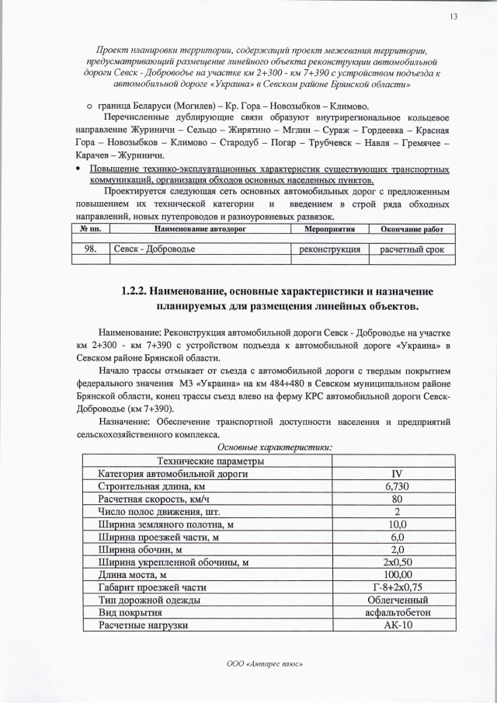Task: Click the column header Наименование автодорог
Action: coord(201,231)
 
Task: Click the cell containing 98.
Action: coord(91,249)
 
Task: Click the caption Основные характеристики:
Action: coord(274,447)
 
